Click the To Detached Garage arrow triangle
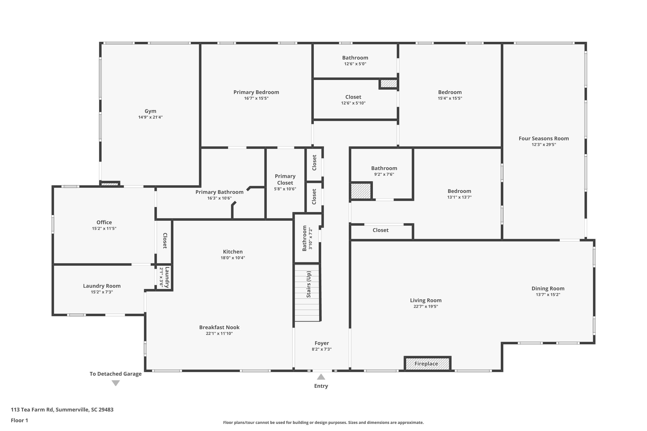click(x=116, y=383)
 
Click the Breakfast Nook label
click(x=219, y=327)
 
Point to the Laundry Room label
click(x=102, y=286)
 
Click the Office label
click(x=104, y=222)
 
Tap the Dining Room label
click(x=548, y=288)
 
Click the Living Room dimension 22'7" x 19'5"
click(x=426, y=306)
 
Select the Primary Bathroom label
click(x=219, y=192)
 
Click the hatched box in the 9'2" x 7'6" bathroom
click(x=361, y=191)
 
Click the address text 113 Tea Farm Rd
click(x=62, y=410)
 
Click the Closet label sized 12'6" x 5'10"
click(x=353, y=97)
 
